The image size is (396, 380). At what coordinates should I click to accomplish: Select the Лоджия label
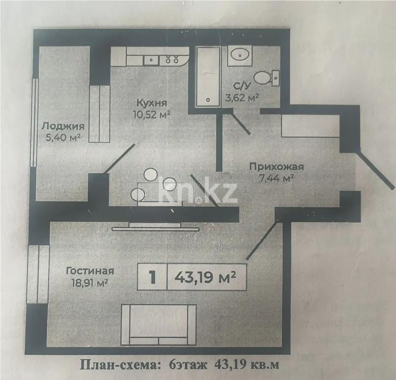[63, 126]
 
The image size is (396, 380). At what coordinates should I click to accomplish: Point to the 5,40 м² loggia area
[63, 137]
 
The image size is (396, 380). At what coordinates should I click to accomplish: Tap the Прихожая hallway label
[276, 167]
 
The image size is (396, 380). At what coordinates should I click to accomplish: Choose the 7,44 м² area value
[276, 178]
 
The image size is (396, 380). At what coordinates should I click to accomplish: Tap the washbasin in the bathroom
[239, 55]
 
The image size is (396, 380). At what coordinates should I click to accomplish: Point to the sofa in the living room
[158, 323]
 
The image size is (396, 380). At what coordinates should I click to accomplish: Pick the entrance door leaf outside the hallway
[375, 168]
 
